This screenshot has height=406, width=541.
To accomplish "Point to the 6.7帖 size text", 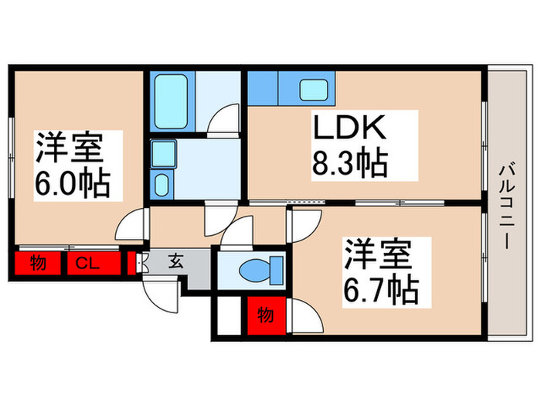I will coord(382,291).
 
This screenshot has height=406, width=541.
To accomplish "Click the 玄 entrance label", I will coord(176,261).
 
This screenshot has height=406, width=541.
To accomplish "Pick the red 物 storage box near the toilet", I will coord(266,316).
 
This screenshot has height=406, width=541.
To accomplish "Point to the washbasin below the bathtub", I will coord(163,183).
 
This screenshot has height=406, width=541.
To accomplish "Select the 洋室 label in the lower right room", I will coord(377,255).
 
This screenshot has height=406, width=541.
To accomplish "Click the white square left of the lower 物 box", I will coord(230,314).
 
